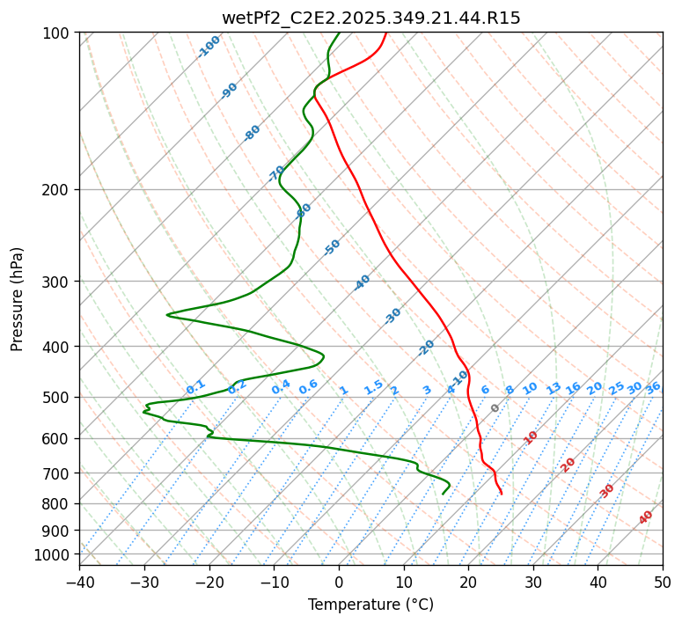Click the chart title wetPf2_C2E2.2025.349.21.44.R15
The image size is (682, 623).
(x=370, y=18)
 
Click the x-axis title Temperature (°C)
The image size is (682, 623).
(x=370, y=605)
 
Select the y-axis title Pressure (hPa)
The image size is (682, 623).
(x=18, y=299)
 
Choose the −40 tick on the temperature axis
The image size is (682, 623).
(x=79, y=582)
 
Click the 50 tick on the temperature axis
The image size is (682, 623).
(x=663, y=582)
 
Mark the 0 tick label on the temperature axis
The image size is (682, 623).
(x=339, y=582)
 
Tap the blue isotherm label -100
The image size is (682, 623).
(x=209, y=46)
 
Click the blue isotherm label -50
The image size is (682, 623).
(x=332, y=247)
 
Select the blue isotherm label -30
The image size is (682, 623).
(x=392, y=316)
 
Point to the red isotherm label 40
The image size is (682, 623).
(x=646, y=517)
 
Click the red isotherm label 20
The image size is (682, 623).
(x=568, y=464)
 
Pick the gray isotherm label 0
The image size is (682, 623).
(x=495, y=408)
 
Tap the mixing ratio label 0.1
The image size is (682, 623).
(x=195, y=387)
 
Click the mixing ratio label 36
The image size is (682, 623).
(x=653, y=387)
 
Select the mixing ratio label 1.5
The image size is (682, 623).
(x=373, y=387)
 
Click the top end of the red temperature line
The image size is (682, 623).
(x=385, y=33)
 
